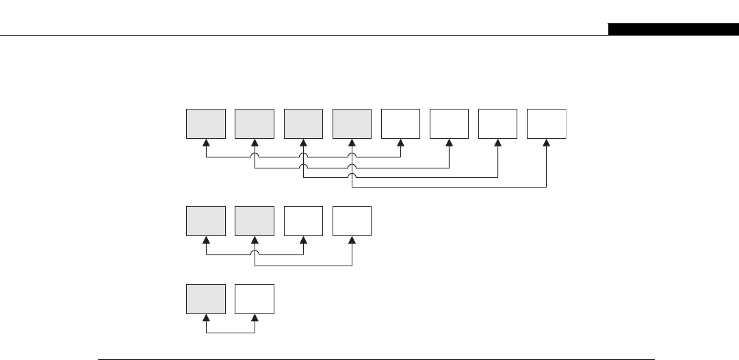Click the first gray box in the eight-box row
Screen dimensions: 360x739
[206, 123]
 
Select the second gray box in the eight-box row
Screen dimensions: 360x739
[255, 123]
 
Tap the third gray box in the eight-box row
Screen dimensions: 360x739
[303, 123]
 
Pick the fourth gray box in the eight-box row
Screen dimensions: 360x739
[352, 123]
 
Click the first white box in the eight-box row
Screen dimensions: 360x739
[400, 123]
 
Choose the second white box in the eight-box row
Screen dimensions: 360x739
[449, 123]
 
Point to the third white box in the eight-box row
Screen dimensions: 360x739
[497, 123]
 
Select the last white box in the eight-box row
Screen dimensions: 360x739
[546, 123]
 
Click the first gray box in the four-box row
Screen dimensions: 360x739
[206, 221]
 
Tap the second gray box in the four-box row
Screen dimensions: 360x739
[255, 221]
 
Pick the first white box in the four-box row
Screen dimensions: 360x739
[303, 221]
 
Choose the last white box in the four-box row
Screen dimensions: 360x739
[352, 221]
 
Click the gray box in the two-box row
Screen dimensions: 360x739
[206, 299]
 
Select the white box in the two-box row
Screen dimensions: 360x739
[255, 299]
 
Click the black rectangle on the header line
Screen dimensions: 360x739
[673, 29]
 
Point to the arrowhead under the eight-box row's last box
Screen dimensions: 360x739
[546, 143]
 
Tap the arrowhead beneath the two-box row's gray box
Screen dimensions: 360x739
[206, 319]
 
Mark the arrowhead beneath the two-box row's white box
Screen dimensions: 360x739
[255, 319]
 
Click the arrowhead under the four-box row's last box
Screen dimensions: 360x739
[352, 241]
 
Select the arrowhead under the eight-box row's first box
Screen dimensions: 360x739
[206, 143]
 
